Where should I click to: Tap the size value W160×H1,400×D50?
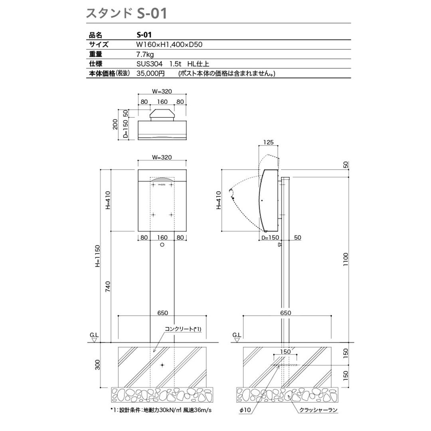(169, 44)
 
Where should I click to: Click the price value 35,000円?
(150, 73)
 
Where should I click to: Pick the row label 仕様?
(96, 63)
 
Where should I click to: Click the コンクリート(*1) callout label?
(183, 329)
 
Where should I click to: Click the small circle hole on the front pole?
(162, 244)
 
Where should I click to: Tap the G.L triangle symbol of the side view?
(236, 340)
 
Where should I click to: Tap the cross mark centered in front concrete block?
(162, 365)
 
